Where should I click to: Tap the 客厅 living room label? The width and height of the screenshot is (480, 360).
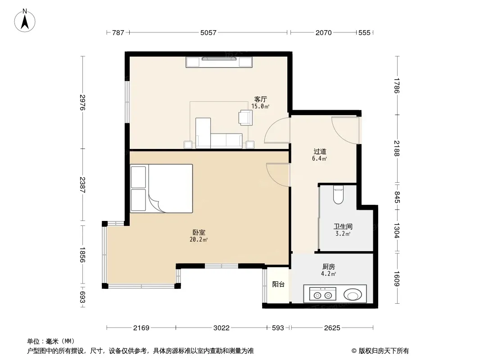click(x=261, y=99)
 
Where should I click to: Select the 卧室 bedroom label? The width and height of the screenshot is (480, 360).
click(x=199, y=233)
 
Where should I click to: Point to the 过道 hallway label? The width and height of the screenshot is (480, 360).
click(x=320, y=151)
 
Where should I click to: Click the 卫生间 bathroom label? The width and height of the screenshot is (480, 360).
click(x=343, y=227)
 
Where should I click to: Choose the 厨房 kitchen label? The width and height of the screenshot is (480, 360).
click(x=328, y=267)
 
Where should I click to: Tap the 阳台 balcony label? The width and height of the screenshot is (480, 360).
click(x=278, y=284)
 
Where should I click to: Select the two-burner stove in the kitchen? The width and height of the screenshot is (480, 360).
click(x=323, y=294)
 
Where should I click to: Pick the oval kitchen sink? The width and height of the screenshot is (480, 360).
click(x=353, y=295)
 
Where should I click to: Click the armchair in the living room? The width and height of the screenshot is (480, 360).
click(x=246, y=117)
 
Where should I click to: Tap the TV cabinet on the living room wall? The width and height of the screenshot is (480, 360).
click(x=219, y=62)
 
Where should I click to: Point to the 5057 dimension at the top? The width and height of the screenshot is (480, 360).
click(x=208, y=32)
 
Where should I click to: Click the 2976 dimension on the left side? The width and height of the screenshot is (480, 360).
click(x=82, y=103)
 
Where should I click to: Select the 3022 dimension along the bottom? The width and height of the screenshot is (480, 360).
click(x=222, y=328)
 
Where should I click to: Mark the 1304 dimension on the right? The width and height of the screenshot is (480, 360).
click(x=397, y=230)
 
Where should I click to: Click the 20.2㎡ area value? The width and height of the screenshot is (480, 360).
click(x=199, y=239)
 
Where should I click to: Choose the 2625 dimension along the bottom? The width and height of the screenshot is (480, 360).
click(x=332, y=328)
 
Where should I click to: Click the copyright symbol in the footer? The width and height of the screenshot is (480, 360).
click(x=354, y=351)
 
